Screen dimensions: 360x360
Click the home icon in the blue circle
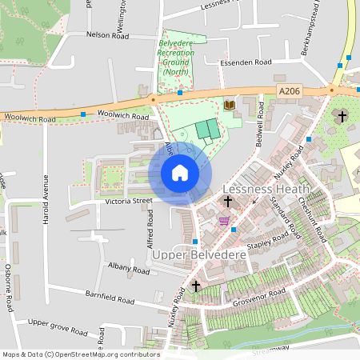(x=180, y=173)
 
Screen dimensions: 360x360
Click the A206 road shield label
(x=289, y=92)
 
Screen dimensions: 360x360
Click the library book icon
(x=230, y=105)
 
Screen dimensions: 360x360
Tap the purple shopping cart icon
(x=224, y=220)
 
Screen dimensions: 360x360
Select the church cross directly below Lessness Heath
(x=228, y=202)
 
